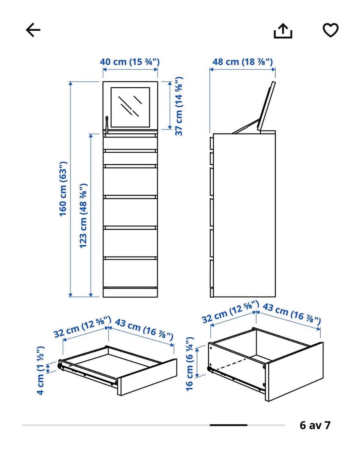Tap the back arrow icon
(33, 30)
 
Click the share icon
(283, 31)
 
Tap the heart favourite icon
(331, 30)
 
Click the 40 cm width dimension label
(130, 62)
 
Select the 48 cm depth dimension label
(243, 62)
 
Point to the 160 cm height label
(63, 189)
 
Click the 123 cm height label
(83, 216)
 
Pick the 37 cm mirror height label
(179, 106)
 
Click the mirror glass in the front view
(130, 107)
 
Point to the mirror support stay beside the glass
(106, 125)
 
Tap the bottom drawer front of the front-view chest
(130, 273)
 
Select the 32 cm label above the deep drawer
(230, 312)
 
